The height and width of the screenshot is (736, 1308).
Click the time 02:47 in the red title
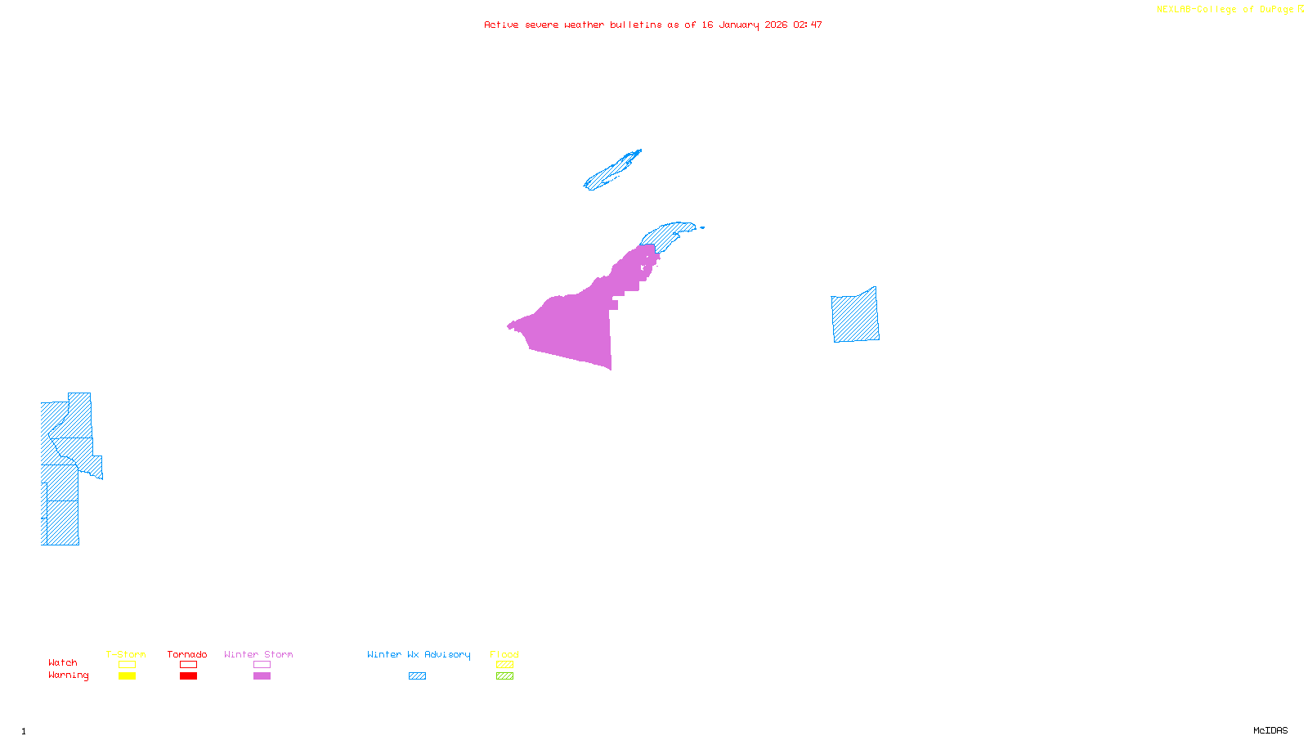(807, 25)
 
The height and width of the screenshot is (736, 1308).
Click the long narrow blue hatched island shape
(611, 170)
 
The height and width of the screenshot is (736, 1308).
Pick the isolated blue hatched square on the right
(855, 316)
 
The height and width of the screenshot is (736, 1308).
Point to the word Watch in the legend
(63, 662)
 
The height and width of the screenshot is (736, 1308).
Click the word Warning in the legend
(68, 675)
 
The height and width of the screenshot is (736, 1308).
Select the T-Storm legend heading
(126, 654)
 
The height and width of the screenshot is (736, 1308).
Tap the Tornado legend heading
(187, 654)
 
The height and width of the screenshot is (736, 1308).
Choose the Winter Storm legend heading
(258, 654)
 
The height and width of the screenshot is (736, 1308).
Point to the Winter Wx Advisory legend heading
(419, 654)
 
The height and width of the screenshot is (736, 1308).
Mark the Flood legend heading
(504, 654)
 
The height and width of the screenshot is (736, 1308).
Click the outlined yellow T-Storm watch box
(127, 665)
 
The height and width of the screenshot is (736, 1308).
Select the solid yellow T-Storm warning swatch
(127, 676)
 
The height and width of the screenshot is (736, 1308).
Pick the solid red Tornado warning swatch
(188, 676)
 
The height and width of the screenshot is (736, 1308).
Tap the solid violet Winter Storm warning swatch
(262, 676)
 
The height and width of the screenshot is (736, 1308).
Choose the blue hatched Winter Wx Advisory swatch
(417, 676)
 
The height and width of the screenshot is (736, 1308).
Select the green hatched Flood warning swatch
(504, 676)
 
